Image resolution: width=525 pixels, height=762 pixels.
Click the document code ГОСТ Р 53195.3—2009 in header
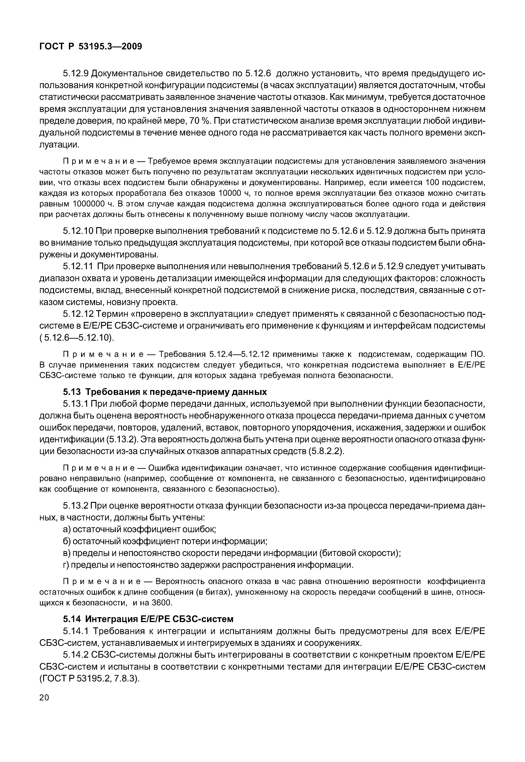tap(91, 46)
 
